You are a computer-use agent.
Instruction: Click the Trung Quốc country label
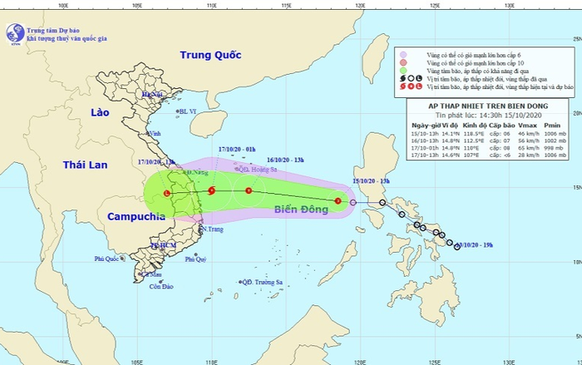[210, 55]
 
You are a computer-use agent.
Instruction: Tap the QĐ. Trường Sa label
[263, 282]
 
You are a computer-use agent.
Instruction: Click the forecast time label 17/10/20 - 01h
[235, 150]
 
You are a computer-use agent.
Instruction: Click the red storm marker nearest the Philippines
[338, 200]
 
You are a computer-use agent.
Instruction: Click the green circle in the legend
[404, 71]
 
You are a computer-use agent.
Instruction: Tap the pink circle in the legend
[404, 52]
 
